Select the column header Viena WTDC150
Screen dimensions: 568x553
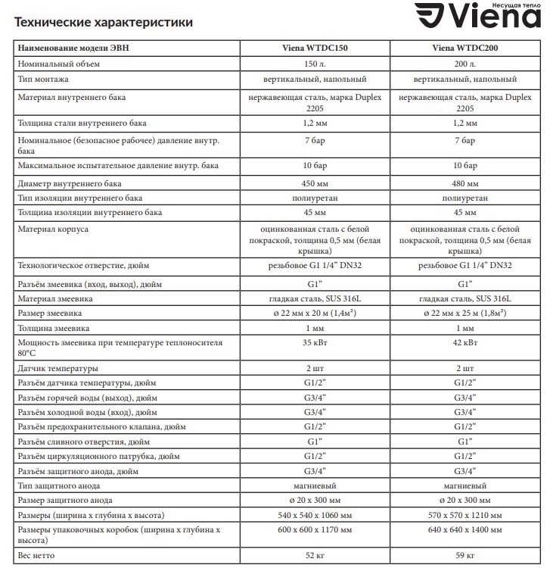(315, 47)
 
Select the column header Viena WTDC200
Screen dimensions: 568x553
(464, 47)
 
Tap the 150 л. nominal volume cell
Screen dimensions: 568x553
(315, 64)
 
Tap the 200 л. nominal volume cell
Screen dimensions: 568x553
(464, 64)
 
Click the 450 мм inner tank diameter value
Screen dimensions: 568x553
(315, 183)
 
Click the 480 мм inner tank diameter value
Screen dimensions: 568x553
(464, 183)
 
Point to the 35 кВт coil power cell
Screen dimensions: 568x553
(315, 342)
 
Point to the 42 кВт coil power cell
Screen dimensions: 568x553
(464, 342)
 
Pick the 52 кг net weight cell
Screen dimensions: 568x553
(315, 556)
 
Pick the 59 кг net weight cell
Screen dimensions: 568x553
(464, 556)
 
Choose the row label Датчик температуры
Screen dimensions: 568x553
(58, 369)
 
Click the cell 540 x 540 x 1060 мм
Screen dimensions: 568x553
(315, 515)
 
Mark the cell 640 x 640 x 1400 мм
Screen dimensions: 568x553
(464, 530)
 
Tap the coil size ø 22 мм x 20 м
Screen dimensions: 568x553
(315, 313)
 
